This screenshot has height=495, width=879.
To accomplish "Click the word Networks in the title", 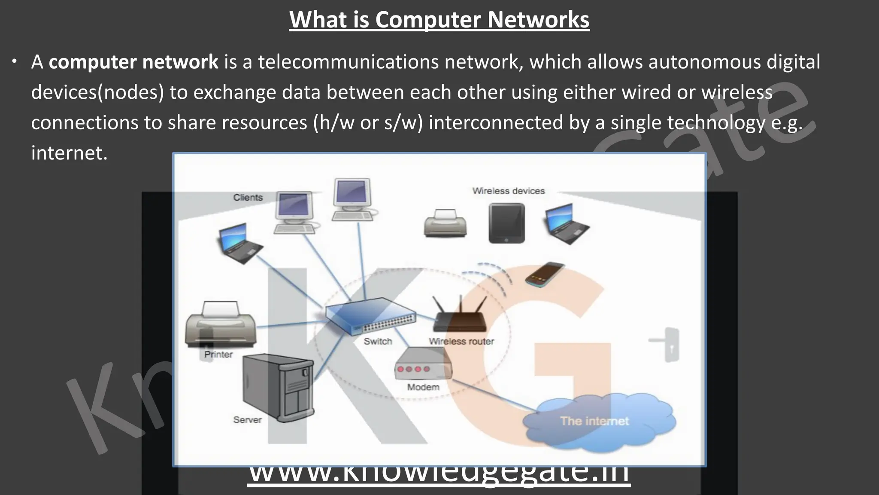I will click(x=538, y=20).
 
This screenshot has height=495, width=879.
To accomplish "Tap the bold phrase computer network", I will click(x=133, y=62).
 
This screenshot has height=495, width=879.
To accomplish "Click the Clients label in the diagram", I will click(x=248, y=197).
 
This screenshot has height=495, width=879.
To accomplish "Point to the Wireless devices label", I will click(x=508, y=191).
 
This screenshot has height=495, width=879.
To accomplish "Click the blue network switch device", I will click(x=370, y=316).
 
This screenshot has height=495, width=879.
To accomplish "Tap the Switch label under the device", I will click(x=378, y=341).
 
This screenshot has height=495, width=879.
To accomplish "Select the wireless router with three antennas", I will click(x=460, y=315).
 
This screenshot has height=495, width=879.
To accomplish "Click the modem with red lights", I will click(x=422, y=364).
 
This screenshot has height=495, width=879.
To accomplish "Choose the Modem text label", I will click(x=423, y=387).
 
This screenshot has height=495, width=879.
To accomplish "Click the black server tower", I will click(x=278, y=387).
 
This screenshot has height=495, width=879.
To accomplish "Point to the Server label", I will click(x=247, y=420).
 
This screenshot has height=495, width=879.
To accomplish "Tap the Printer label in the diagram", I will click(x=218, y=354).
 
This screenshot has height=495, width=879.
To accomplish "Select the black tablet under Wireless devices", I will click(x=506, y=223).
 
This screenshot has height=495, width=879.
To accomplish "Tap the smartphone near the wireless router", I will click(x=544, y=274).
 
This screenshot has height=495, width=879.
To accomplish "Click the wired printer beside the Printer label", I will click(x=220, y=323).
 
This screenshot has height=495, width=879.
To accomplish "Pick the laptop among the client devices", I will click(x=239, y=243).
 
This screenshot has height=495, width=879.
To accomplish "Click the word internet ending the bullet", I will click(x=69, y=153).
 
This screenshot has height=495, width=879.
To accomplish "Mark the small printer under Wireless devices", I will click(x=445, y=223).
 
